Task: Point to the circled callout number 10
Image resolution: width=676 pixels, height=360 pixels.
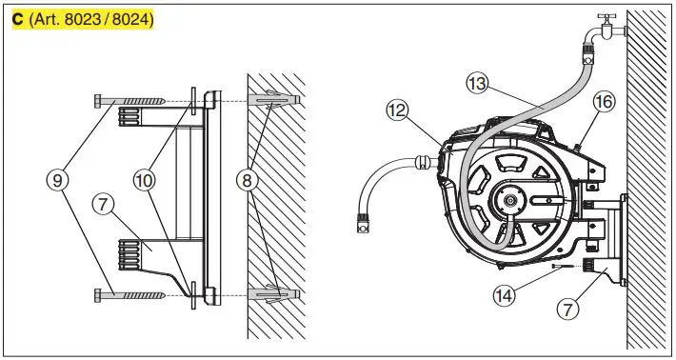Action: point(145,178)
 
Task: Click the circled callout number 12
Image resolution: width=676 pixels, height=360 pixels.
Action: point(398,110)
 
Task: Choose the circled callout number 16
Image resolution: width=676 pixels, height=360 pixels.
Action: point(603,101)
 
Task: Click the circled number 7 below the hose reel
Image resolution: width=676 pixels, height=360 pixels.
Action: point(569,308)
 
